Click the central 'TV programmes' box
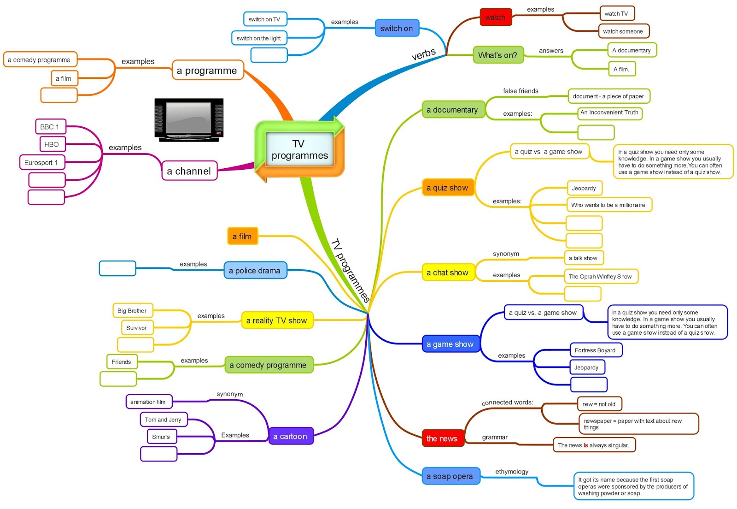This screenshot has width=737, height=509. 299,150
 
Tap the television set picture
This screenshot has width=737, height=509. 189,119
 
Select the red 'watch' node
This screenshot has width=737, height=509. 495,18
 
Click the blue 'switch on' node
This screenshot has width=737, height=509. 397,28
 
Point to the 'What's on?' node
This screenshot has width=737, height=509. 498,55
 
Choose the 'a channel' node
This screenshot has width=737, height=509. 189,171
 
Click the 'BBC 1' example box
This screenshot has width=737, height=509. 50,127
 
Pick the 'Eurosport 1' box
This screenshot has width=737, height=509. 41,162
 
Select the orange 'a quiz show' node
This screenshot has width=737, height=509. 447,188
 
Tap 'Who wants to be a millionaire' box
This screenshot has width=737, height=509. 608,205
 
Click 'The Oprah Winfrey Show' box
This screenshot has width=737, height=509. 600,276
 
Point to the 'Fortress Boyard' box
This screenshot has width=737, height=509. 595,350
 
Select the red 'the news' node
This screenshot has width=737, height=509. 442,438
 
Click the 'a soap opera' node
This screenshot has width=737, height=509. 450,476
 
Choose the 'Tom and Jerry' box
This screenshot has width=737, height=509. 163,420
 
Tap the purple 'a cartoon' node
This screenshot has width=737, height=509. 290,436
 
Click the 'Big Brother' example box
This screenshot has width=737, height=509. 132,310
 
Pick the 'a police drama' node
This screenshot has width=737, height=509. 255,271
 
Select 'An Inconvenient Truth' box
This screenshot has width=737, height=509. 609,112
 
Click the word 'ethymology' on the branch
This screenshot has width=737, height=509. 512,471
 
